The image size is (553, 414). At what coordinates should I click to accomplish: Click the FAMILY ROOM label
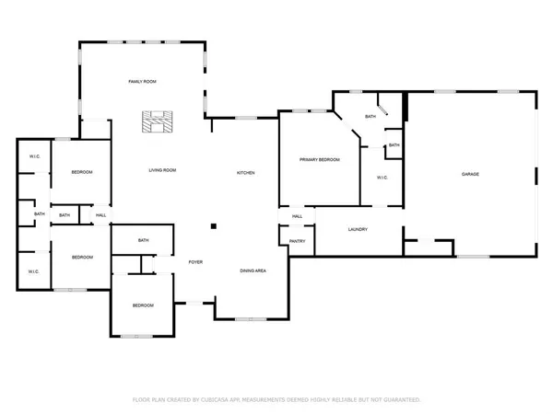coord(142,83)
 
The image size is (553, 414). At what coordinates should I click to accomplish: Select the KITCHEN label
coord(245,173)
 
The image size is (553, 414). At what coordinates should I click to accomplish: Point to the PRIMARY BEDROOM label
coord(320,160)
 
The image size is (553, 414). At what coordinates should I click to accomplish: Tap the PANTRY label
coord(297,241)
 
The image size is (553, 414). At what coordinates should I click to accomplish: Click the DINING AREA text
coord(253,270)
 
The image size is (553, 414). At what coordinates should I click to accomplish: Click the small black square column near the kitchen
coord(213,224)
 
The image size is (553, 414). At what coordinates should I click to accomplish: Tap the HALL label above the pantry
coord(297,216)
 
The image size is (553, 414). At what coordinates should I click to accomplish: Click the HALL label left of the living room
coord(101,215)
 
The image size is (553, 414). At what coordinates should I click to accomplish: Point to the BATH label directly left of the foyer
coord(144,241)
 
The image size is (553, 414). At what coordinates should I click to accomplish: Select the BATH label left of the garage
coord(394,145)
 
